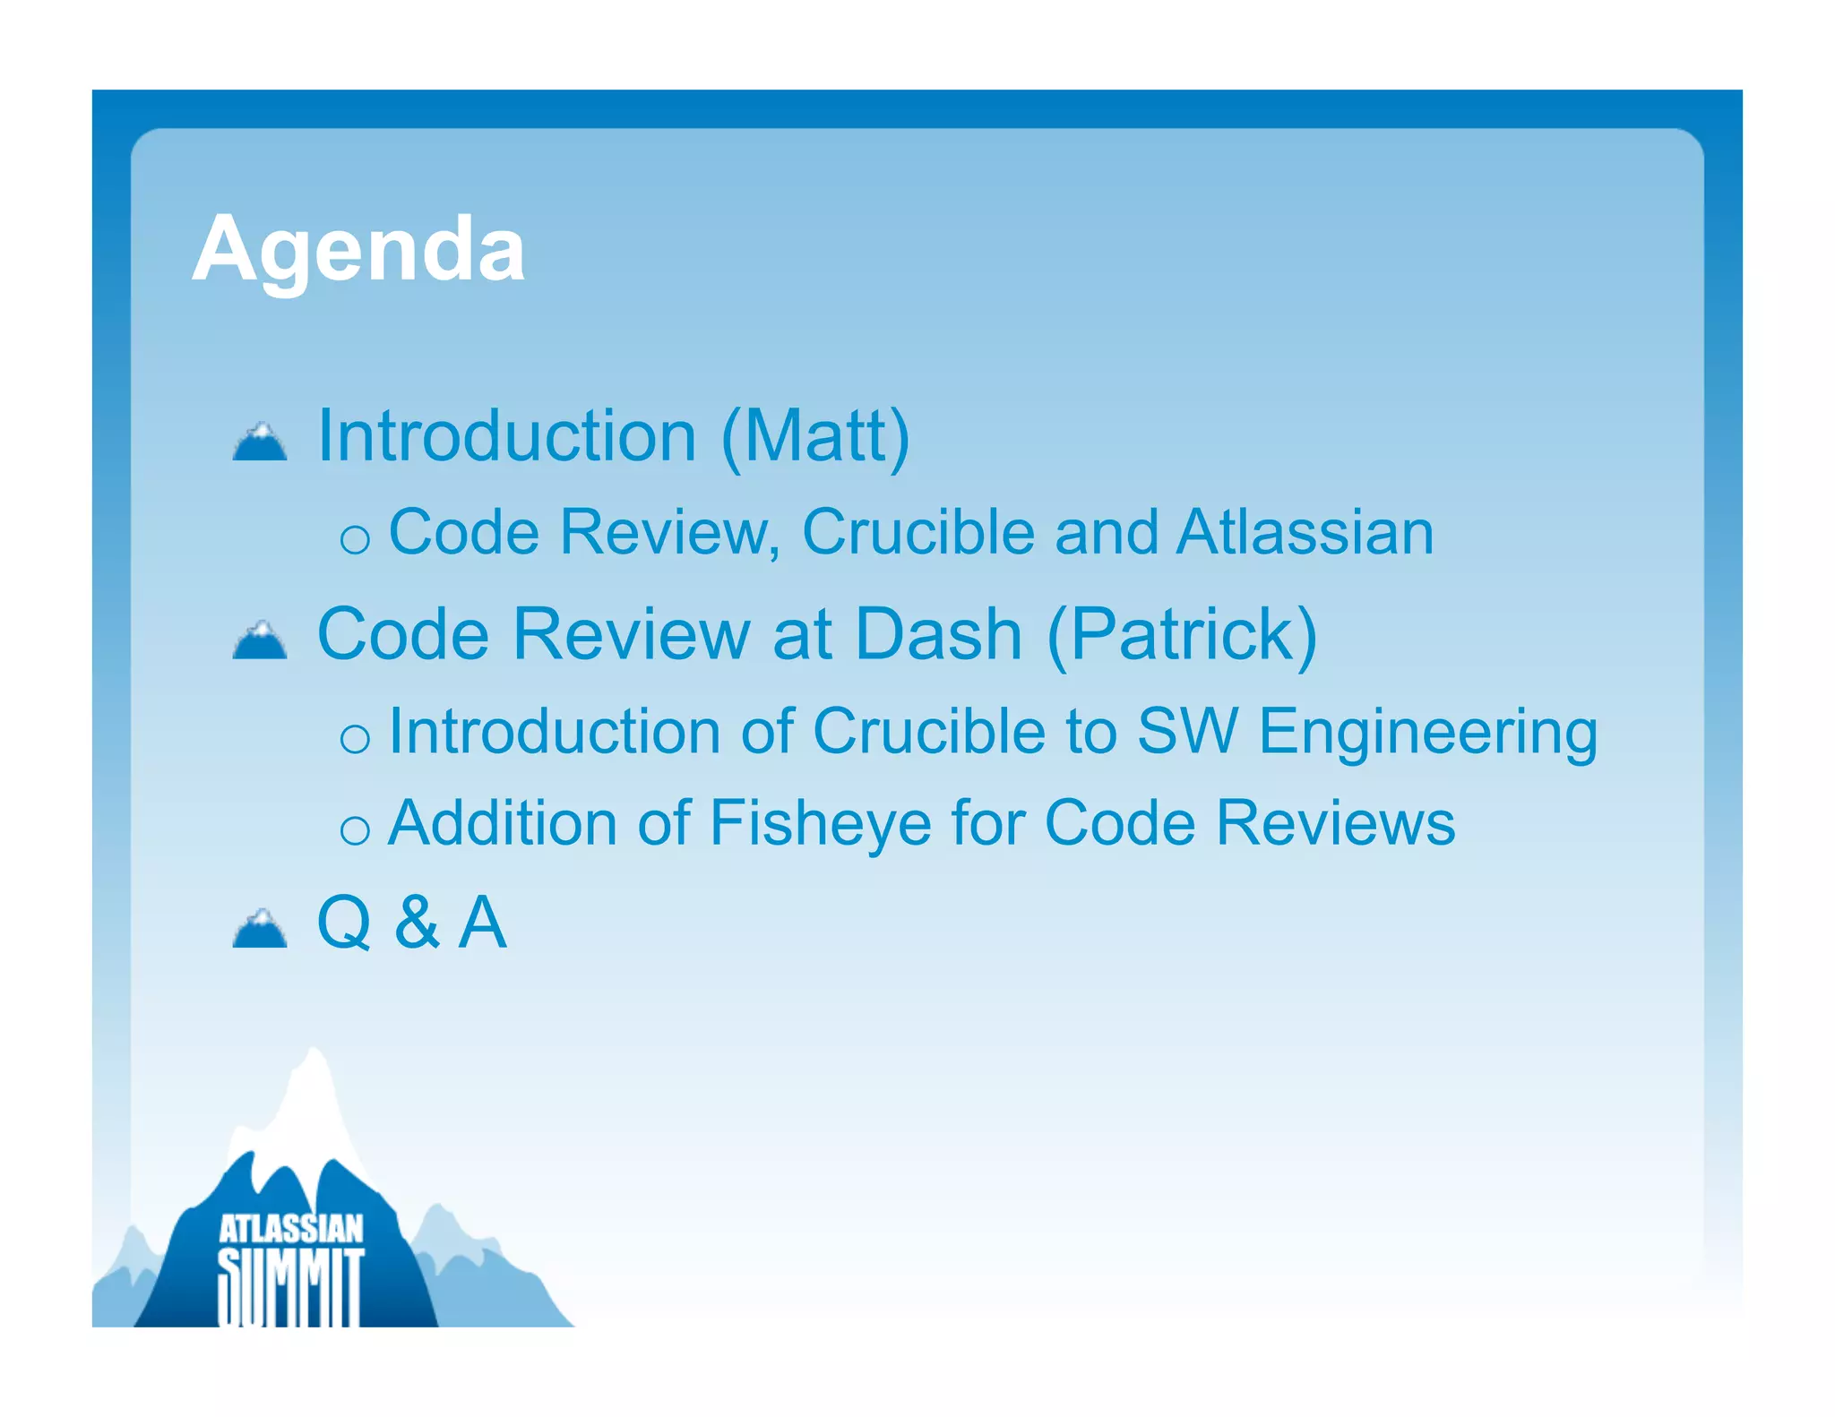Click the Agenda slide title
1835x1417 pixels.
click(358, 251)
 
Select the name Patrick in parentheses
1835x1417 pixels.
click(1182, 634)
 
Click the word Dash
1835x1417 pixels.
click(938, 634)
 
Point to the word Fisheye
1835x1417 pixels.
click(820, 822)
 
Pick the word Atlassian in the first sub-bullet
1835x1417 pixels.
click(1305, 533)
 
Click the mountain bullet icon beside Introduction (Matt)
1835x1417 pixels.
click(260, 442)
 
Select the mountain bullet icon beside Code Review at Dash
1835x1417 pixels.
click(260, 640)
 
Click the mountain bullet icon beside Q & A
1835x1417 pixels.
click(260, 929)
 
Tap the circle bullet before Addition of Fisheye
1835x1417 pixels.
click(355, 830)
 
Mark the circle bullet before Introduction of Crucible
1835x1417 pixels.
click(355, 739)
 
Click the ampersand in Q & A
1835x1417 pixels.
click(418, 923)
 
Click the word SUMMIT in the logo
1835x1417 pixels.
click(291, 1285)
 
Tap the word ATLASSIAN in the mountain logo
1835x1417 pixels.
click(291, 1229)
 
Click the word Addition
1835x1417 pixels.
click(503, 822)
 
